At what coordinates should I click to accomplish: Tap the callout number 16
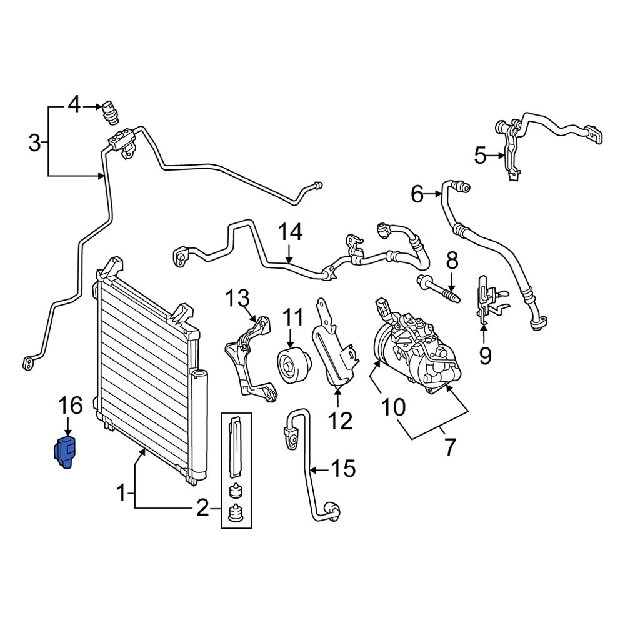point(71,406)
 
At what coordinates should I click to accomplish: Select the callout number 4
point(74,104)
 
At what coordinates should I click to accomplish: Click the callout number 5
point(480,154)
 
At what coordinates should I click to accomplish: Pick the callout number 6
point(417,194)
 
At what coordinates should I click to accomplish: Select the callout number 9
point(486,356)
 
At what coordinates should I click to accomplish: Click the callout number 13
point(237,298)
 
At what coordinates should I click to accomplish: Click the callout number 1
point(122,495)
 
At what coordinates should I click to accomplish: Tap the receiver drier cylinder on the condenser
point(199,425)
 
